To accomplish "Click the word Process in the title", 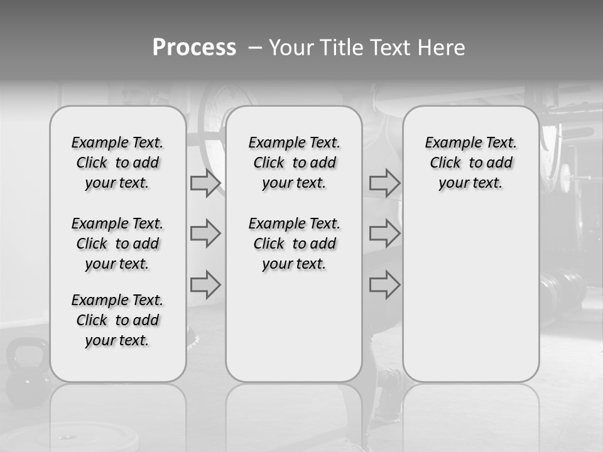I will [194, 48].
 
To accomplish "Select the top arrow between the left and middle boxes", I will [205, 183].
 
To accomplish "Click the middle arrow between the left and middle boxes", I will [205, 234].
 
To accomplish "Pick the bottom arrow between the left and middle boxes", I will [205, 284].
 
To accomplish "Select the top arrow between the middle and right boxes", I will [384, 183].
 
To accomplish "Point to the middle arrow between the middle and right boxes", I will [384, 234].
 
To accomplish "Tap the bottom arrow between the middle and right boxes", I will [384, 284].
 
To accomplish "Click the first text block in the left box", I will [117, 163].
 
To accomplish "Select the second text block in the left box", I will [117, 244].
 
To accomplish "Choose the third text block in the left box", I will [117, 320].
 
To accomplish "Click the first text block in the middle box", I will [294, 163].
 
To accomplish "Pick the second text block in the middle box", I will [294, 244].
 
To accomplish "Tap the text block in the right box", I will [470, 163].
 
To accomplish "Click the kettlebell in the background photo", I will [26, 370].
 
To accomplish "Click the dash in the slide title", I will [254, 48].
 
